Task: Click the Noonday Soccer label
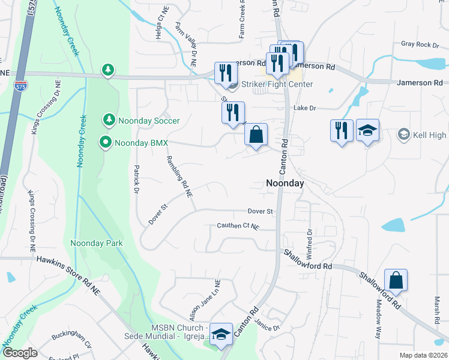pyautogui.click(x=149, y=121)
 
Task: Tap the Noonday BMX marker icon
pyautogui.click(x=106, y=143)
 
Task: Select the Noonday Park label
pyautogui.click(x=97, y=243)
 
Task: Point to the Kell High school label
pyautogui.click(x=429, y=136)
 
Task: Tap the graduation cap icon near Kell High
pyautogui.click(x=367, y=130)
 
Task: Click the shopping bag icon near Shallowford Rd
pyautogui.click(x=396, y=280)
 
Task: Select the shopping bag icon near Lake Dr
pyautogui.click(x=256, y=134)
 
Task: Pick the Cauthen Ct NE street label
pyautogui.click(x=238, y=226)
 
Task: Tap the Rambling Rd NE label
pyautogui.click(x=179, y=174)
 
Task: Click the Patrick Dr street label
pyautogui.click(x=136, y=179)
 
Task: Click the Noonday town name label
pyautogui.click(x=285, y=184)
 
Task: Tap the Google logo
pyautogui.click(x=20, y=353)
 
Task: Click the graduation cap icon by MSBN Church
pyautogui.click(x=221, y=335)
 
